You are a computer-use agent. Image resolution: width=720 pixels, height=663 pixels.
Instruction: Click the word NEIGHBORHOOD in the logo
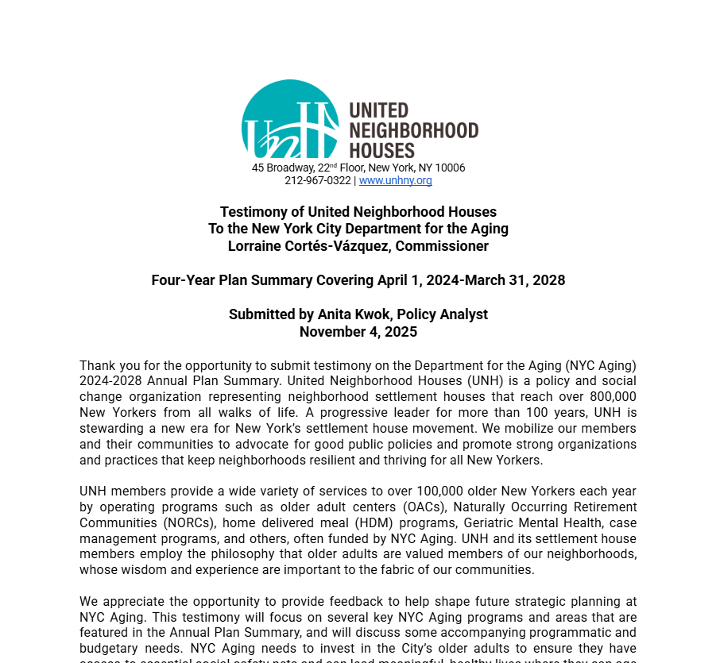pyautogui.click(x=414, y=130)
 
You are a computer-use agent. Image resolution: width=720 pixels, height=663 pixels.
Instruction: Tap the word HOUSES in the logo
pyautogui.click(x=382, y=150)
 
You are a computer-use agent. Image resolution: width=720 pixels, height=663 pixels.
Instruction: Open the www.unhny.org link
pyautogui.click(x=395, y=181)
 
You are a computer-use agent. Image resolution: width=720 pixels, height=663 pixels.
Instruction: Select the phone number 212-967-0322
pyautogui.click(x=318, y=181)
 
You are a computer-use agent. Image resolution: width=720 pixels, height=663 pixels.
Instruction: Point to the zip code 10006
pyautogui.click(x=449, y=168)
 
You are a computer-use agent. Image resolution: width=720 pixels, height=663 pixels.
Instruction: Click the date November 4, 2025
pyautogui.click(x=358, y=332)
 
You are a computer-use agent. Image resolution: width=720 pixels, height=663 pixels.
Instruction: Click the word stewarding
pyautogui.click(x=114, y=428)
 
